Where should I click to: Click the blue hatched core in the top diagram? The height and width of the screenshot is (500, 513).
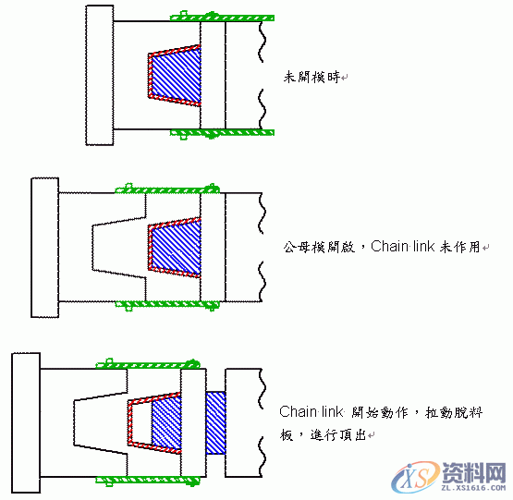[x=176, y=76]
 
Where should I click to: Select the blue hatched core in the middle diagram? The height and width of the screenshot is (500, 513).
[x=177, y=247]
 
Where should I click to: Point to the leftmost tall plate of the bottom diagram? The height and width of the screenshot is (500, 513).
[x=25, y=421]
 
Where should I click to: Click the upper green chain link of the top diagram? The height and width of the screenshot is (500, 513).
[x=222, y=17]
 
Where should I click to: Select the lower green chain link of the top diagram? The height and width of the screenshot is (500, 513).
[x=222, y=133]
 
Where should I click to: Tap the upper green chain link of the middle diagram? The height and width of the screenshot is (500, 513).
[x=166, y=189]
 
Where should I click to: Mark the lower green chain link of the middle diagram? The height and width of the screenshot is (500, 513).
[x=166, y=303]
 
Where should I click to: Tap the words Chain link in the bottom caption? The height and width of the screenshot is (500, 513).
[x=310, y=411]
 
